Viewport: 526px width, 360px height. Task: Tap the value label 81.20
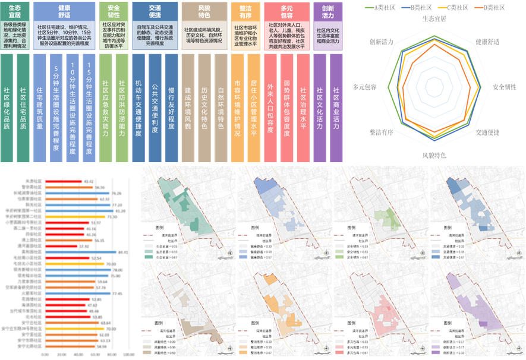coord(119,210)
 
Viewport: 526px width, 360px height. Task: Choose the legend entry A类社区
coord(389,7)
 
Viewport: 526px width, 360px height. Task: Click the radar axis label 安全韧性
coord(504,87)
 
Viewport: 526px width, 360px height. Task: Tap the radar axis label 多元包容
coord(364,87)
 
